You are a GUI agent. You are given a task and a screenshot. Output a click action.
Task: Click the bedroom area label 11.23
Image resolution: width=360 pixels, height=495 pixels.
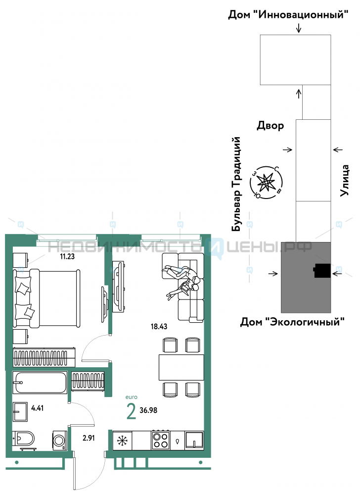(x=67, y=256)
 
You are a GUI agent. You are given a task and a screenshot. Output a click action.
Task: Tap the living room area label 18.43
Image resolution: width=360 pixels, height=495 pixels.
(x=159, y=326)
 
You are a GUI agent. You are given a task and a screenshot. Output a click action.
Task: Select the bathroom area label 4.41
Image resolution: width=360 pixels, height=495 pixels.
(x=37, y=408)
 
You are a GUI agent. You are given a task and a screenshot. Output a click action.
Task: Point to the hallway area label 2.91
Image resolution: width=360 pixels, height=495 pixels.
(x=89, y=438)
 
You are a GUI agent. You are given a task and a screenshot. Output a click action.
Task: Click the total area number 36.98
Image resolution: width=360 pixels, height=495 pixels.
(x=148, y=410)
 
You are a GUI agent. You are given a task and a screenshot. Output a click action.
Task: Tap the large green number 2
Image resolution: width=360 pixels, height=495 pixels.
(x=131, y=411)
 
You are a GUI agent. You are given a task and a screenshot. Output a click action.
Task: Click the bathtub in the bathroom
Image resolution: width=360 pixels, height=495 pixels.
(x=40, y=383)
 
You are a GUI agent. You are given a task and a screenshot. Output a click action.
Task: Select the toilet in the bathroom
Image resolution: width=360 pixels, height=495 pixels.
(x=24, y=439)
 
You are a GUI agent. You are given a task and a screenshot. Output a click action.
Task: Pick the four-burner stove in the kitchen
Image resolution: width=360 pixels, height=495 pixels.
(x=160, y=440)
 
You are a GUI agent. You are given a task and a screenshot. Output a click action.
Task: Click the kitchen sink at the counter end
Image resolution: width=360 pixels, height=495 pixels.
(x=194, y=440)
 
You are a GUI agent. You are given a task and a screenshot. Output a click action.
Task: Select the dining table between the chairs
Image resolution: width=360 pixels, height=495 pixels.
(x=181, y=367)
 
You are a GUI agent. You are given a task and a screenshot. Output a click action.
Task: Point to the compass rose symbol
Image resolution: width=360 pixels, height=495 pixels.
(x=266, y=183)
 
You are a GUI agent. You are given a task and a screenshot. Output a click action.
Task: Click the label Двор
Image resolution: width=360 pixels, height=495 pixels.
(x=270, y=126)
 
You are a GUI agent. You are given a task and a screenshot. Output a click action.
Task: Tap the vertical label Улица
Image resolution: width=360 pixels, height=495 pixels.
(x=345, y=181)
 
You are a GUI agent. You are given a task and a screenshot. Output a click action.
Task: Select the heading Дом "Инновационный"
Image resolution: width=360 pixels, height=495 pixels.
(x=288, y=14)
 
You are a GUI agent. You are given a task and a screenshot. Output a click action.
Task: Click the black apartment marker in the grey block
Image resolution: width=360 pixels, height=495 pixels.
(x=322, y=271)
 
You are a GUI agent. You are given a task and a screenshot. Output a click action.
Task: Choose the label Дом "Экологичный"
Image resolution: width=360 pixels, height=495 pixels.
(x=292, y=322)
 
